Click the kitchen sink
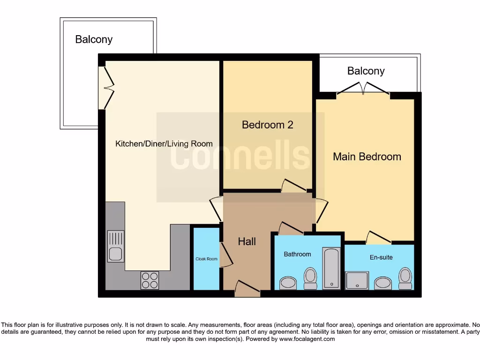(115, 246)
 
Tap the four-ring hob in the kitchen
(150, 280)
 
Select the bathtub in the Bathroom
(331, 268)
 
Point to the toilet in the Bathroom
(310, 278)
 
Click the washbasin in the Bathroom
(288, 283)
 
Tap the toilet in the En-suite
(405, 278)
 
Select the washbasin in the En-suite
(383, 283)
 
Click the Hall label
(247, 241)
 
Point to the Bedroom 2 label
(267, 125)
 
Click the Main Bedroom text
(367, 157)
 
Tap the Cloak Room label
(206, 259)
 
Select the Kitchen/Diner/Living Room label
(164, 144)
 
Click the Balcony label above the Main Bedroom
(366, 71)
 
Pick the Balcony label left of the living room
(94, 39)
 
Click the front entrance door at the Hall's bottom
(247, 289)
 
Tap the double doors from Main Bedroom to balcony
(363, 89)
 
